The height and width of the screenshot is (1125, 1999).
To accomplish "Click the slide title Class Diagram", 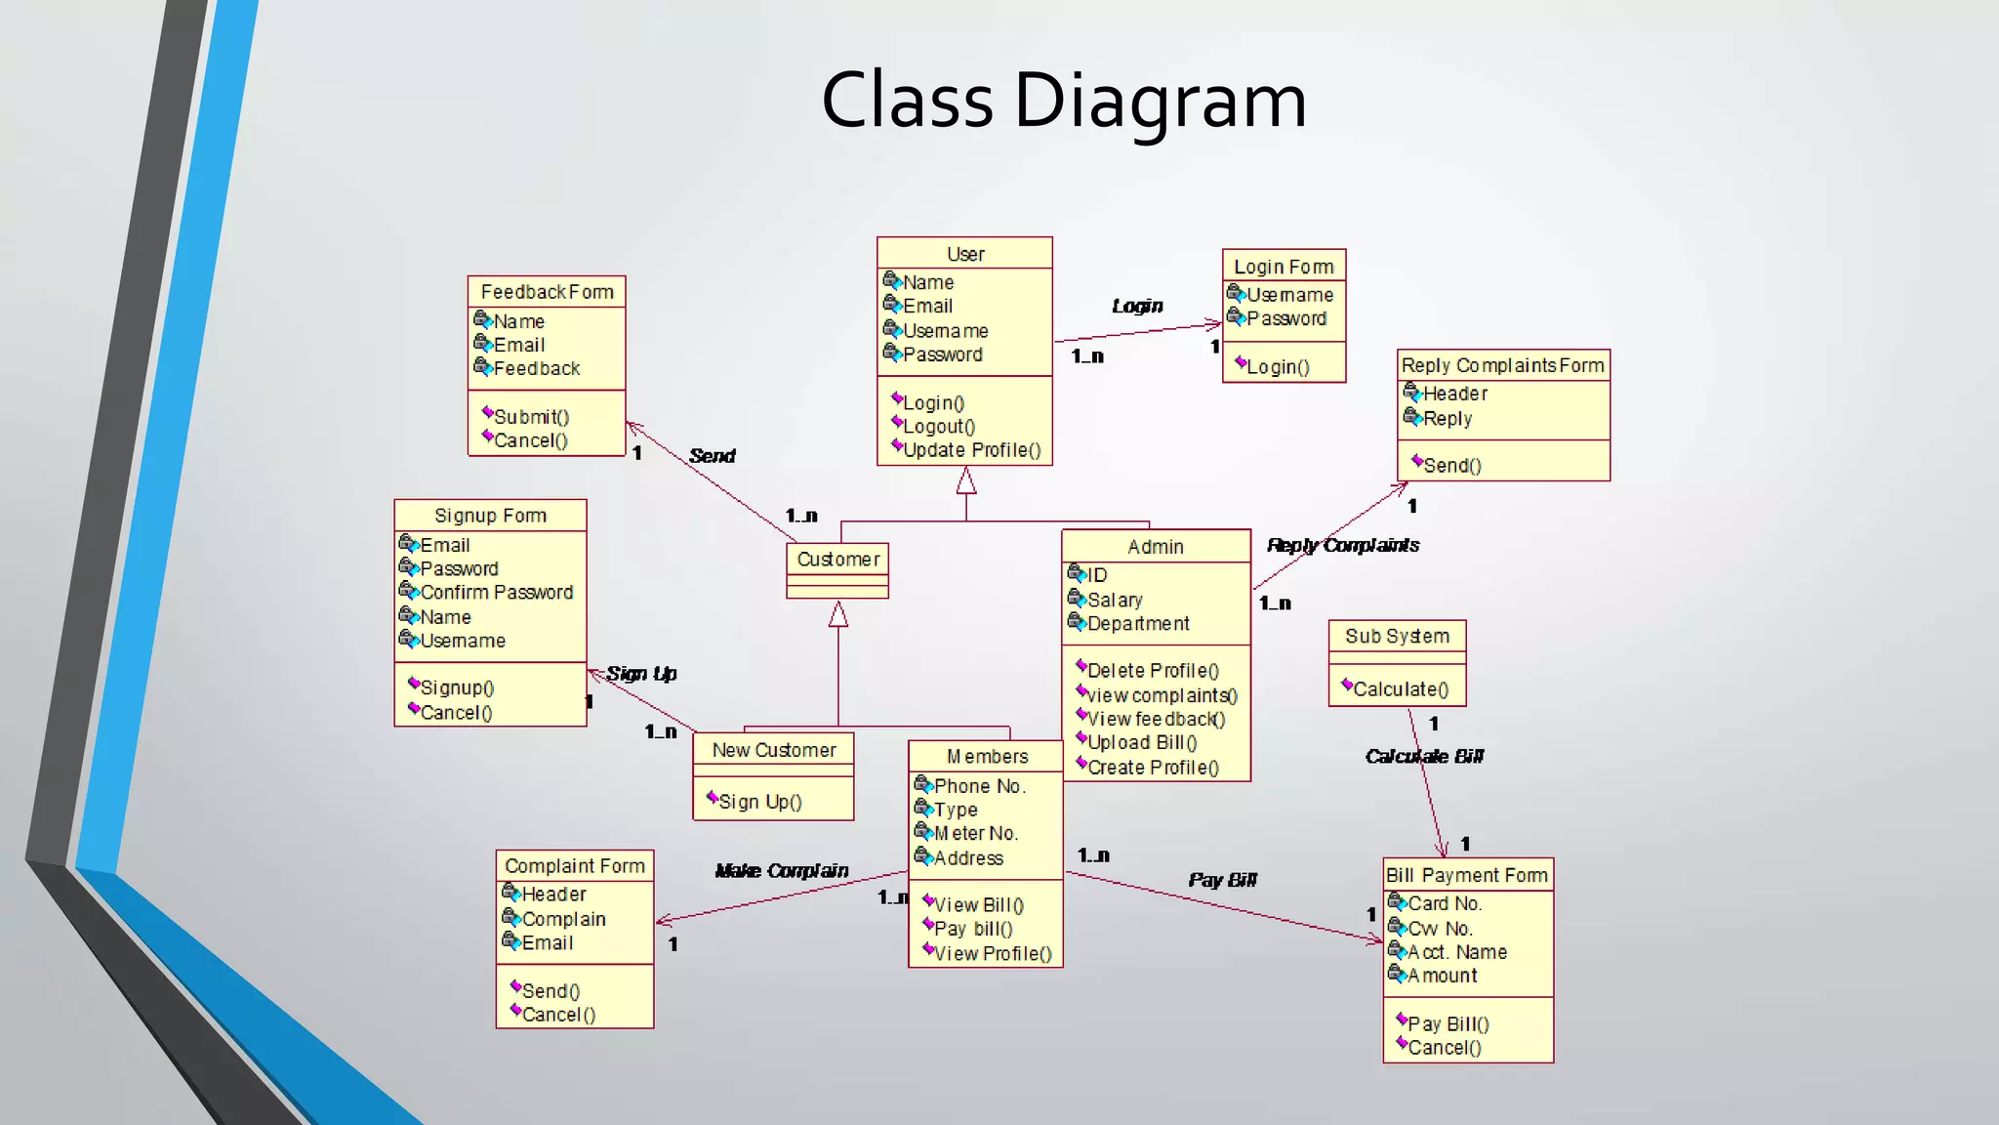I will click(1063, 100).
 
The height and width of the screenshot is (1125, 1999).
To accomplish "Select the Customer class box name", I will click(837, 559).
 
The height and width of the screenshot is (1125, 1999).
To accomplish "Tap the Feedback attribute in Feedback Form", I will click(536, 368).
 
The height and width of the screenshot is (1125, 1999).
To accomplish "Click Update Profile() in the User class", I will click(971, 450).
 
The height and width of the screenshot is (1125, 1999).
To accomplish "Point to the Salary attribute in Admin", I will click(1114, 600).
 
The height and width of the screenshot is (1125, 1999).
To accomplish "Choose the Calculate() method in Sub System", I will click(1400, 688).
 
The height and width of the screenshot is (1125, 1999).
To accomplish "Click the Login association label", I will click(1137, 306).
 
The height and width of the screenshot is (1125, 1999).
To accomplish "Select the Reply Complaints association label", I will click(1342, 545).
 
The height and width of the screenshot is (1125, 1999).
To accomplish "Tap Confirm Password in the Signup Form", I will click(496, 592).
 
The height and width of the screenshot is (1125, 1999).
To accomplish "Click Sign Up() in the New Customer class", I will click(759, 802).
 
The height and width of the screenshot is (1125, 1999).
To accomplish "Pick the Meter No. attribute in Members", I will click(975, 833).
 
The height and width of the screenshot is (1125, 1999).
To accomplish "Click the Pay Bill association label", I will click(1222, 880).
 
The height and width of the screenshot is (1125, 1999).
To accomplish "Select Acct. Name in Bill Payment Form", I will click(1456, 952).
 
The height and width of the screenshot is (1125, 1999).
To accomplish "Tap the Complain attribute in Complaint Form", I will click(563, 919).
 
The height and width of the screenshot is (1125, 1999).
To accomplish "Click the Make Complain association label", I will click(781, 870).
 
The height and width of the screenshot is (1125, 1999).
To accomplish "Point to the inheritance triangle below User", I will click(965, 480).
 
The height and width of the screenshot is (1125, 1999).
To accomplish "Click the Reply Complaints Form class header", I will click(1502, 365).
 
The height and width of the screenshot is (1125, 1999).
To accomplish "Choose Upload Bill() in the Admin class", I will click(1141, 742).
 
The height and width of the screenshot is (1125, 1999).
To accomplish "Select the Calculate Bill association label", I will click(1423, 756).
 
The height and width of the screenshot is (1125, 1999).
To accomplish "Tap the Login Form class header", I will click(1283, 267).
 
